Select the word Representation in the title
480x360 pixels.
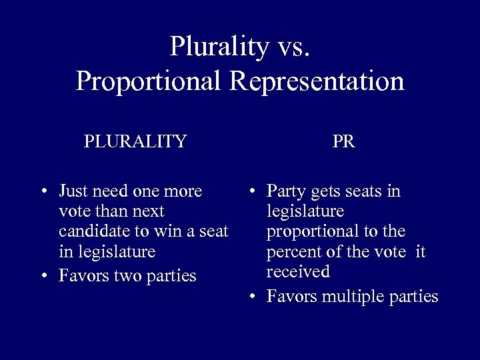(x=317, y=81)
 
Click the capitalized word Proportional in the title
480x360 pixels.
(x=150, y=81)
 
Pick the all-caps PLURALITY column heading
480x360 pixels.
(x=135, y=141)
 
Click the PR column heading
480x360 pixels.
(x=343, y=141)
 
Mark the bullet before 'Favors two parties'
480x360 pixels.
(x=43, y=275)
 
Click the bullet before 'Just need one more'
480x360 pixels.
(x=43, y=191)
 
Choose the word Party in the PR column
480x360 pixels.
(x=285, y=191)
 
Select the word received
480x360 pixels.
(x=297, y=272)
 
